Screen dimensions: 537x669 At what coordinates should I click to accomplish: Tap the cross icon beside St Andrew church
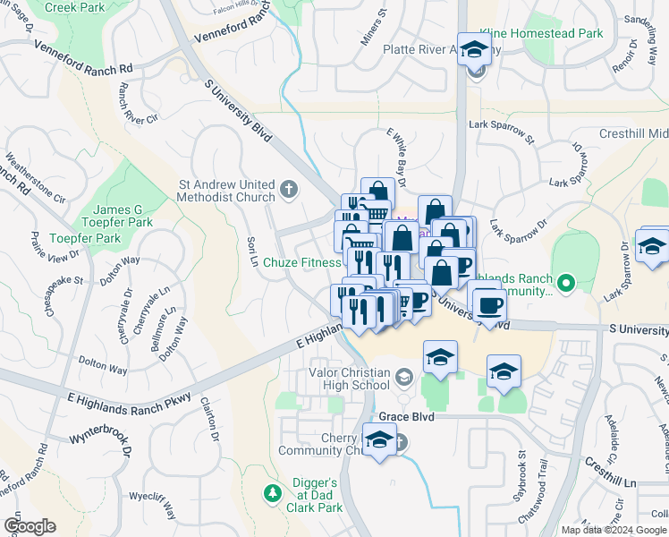pos(288,189)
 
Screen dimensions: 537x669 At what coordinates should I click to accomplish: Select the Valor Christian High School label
pos(349,379)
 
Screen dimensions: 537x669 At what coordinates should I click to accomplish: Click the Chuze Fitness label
pos(302,263)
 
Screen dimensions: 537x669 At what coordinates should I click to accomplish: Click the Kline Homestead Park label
pos(542,33)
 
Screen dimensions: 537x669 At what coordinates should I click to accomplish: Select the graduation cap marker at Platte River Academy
pos(474,51)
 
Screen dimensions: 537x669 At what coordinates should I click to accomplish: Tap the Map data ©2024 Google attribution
pos(613,530)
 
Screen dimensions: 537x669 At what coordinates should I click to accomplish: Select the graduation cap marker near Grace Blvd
pos(380,440)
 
